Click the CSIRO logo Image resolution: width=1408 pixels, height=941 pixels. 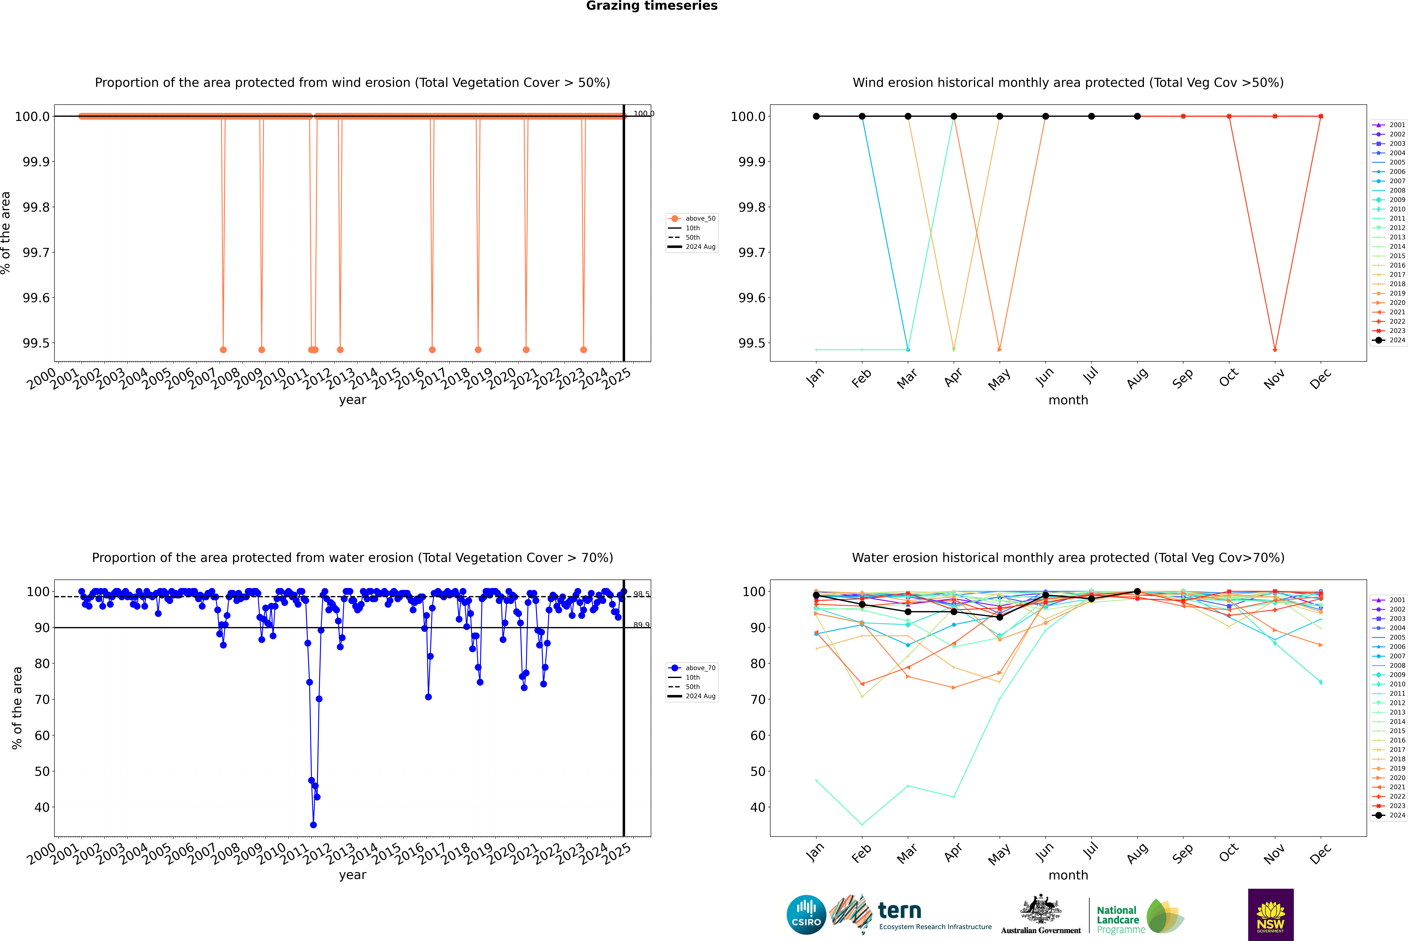tap(806, 915)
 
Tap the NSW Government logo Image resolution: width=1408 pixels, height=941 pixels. tap(1271, 915)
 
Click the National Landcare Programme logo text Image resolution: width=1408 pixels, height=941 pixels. tap(1118, 919)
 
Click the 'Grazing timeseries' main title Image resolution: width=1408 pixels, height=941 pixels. tap(652, 6)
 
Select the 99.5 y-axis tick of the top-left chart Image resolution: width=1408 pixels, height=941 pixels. tap(36, 343)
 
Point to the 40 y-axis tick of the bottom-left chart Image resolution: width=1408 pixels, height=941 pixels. tap(42, 807)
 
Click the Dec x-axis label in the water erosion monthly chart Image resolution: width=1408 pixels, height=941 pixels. tap(1320, 853)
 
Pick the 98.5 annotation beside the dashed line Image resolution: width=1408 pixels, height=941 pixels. tap(641, 594)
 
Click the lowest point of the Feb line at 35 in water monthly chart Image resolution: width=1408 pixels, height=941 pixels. tap(862, 825)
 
